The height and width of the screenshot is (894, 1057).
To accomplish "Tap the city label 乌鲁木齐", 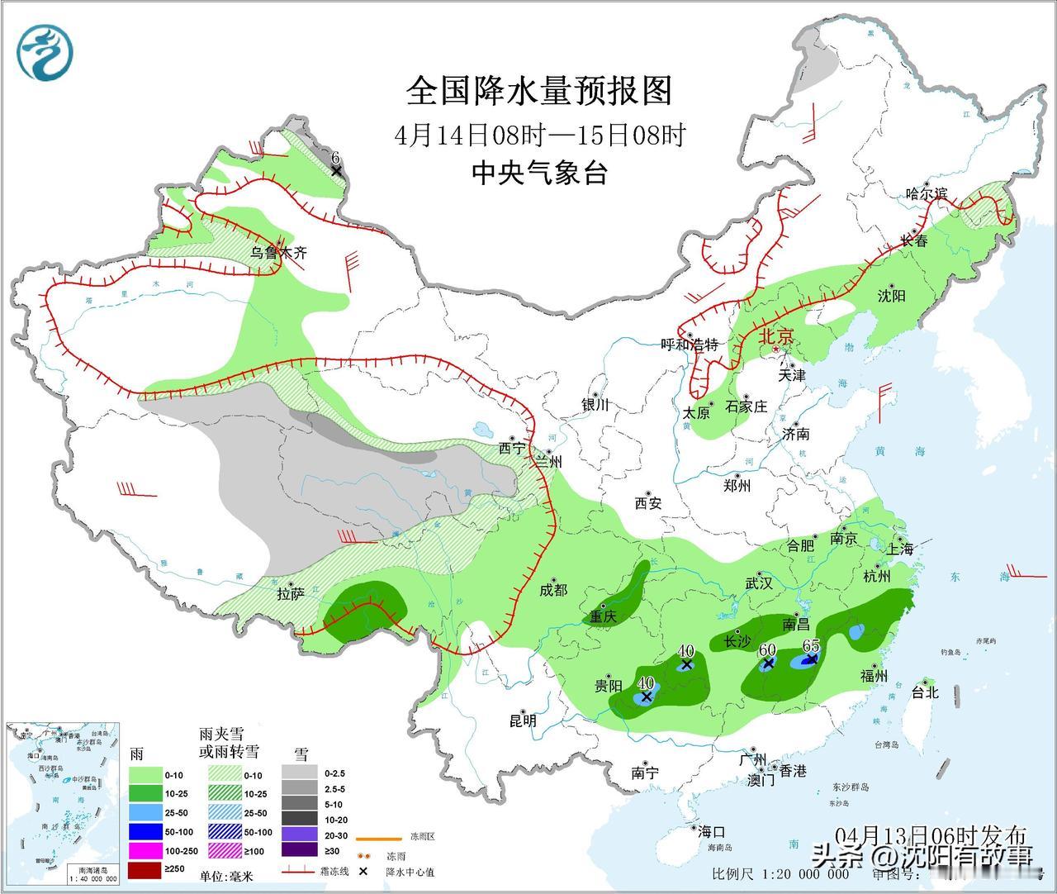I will pos(279,253).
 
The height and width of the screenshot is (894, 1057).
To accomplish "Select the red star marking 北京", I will pos(775,350).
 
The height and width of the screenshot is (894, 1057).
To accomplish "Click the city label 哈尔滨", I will pos(926,195).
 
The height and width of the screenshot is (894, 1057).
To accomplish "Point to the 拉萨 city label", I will pos(291,593).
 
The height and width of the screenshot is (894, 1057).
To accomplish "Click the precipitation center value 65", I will pos(810,646).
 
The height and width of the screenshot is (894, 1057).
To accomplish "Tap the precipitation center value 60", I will pos(767,649).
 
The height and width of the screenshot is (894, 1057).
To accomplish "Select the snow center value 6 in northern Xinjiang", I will pos(335,157).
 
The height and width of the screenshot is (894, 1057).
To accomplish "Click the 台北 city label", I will pos(925,692).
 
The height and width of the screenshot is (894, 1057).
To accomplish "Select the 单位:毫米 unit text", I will pos(225,874).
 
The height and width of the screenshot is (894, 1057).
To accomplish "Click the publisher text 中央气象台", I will pos(539,173).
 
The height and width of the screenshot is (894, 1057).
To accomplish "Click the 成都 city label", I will pos(553,589).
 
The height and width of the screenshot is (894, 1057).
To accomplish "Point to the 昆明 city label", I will pos(523,720).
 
